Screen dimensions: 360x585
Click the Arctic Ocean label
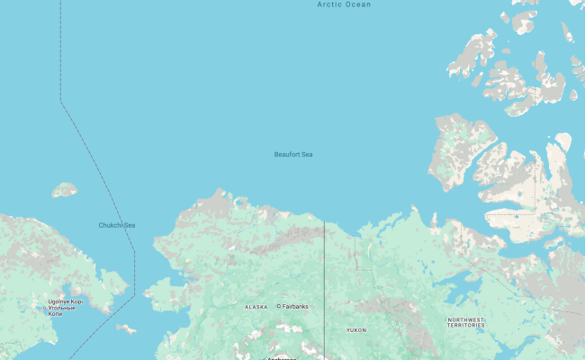344,4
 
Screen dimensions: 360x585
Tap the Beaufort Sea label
293,155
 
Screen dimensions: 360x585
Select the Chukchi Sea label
117,225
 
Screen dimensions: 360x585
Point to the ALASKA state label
256,307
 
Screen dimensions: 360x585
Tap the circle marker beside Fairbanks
279,306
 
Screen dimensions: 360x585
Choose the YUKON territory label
356,330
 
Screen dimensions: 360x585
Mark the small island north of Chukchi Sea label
64,190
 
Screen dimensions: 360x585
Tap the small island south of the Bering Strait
126,329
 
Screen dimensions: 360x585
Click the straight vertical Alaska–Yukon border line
324,288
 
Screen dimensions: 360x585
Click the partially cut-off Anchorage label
280,357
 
